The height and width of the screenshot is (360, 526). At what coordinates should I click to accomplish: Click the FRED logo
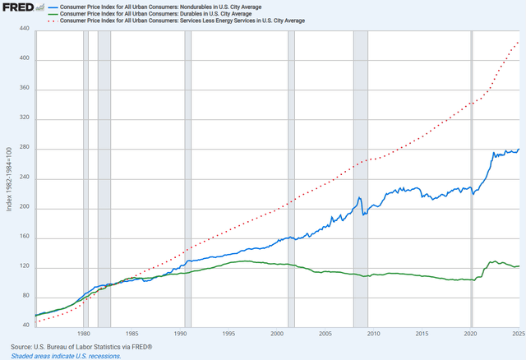[x=18, y=7]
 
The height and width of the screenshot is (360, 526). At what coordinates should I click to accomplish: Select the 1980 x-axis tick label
[x=84, y=335]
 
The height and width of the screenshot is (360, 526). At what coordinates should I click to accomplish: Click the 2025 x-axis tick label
[x=518, y=335]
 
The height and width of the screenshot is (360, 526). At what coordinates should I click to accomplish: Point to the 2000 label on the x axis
[x=277, y=335]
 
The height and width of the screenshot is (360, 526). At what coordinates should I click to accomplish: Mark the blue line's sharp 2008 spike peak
[x=359, y=197]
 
